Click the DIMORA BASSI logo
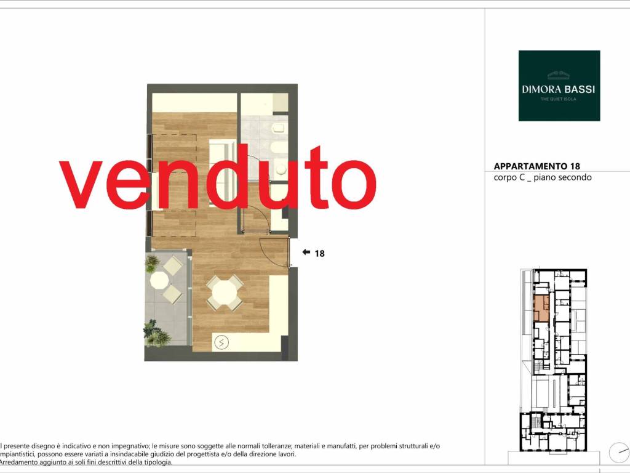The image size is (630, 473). tap(559, 85)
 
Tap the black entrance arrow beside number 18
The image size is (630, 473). tap(306, 253)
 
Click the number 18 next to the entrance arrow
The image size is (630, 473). tap(319, 253)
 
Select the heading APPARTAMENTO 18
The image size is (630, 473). tap(536, 166)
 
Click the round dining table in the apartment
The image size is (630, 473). tap(224, 293)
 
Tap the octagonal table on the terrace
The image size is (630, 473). tap(159, 280)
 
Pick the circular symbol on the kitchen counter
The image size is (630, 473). tap(221, 342)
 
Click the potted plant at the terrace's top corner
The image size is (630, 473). tap(151, 264)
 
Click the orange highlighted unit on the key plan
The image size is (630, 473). tap(541, 307)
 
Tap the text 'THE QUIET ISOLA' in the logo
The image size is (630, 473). tap(559, 99)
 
